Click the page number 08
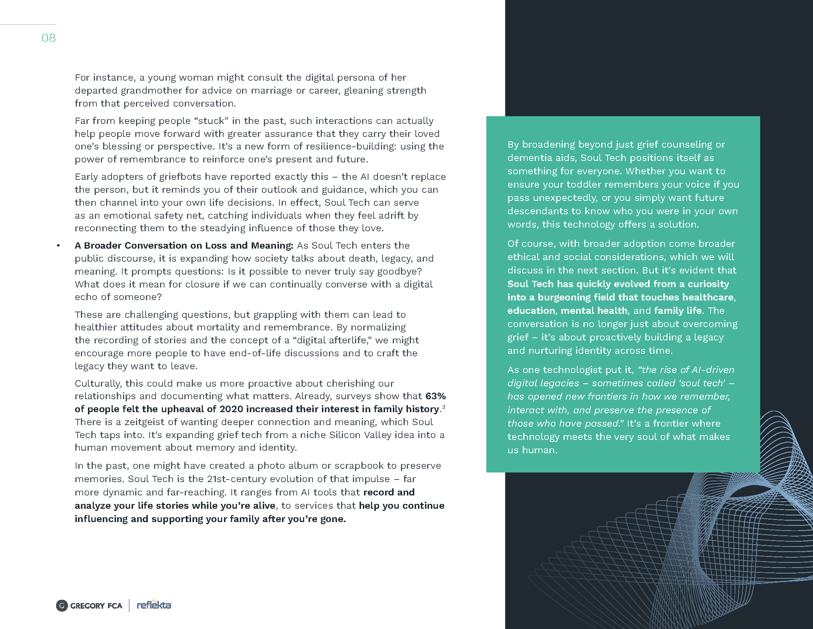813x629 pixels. pyautogui.click(x=48, y=38)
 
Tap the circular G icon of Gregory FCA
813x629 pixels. pyautogui.click(x=62, y=606)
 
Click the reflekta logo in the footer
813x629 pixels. pyautogui.click(x=154, y=605)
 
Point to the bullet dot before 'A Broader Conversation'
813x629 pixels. pyautogui.click(x=58, y=246)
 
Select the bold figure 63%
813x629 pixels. pyautogui.click(x=436, y=396)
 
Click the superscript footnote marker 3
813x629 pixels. pyautogui.click(x=443, y=407)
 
